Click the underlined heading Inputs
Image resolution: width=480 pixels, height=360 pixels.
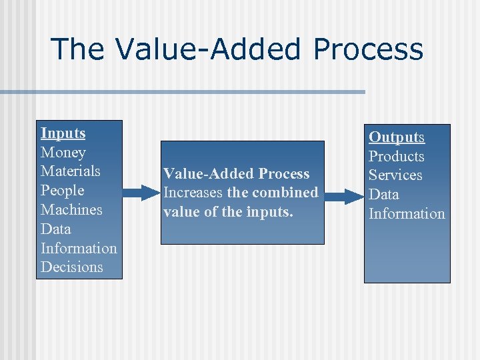click(63, 133)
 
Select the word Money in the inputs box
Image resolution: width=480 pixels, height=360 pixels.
click(63, 153)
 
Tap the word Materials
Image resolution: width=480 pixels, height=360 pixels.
click(71, 171)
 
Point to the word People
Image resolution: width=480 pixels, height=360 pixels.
click(63, 191)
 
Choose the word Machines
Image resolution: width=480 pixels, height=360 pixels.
click(71, 210)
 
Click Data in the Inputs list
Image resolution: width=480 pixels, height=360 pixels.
click(55, 229)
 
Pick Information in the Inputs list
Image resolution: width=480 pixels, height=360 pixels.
click(79, 248)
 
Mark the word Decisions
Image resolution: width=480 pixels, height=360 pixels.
click(72, 267)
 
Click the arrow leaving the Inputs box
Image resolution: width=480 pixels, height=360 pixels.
click(142, 193)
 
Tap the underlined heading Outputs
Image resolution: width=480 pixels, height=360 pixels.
click(397, 137)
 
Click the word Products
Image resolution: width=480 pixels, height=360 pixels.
click(397, 157)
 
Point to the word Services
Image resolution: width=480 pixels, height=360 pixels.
click(396, 175)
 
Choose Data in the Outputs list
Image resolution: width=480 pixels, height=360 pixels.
click(384, 195)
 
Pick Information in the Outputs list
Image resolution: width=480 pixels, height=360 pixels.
click(407, 214)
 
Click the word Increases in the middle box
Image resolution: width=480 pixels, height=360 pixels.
click(193, 193)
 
